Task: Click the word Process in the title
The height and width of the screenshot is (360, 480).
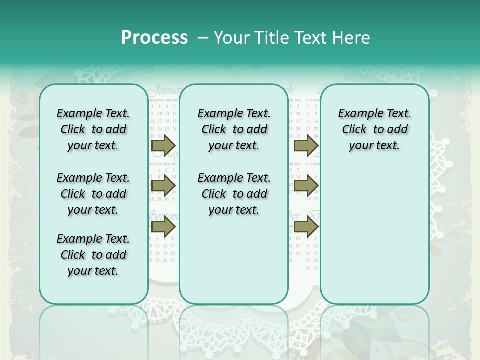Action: [x=154, y=38]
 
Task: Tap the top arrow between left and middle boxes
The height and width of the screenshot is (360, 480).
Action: [x=163, y=145]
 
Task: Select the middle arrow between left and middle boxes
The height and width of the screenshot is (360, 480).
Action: [x=163, y=186]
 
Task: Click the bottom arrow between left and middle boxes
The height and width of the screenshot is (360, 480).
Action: [x=163, y=227]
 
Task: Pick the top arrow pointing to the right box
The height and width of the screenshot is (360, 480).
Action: [x=306, y=145]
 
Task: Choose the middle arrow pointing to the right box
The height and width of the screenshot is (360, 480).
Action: [x=306, y=186]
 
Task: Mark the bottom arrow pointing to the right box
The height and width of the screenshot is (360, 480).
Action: [x=306, y=227]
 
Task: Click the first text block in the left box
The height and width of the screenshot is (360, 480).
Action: [x=93, y=129]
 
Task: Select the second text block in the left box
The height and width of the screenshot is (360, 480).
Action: [x=93, y=194]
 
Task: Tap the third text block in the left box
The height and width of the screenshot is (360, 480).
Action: [x=93, y=255]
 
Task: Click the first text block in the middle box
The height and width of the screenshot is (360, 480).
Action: [x=234, y=129]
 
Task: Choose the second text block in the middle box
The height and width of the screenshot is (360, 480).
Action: [x=234, y=194]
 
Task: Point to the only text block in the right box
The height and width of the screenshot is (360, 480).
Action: [x=374, y=129]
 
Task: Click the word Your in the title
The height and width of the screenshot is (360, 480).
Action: [x=230, y=38]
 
